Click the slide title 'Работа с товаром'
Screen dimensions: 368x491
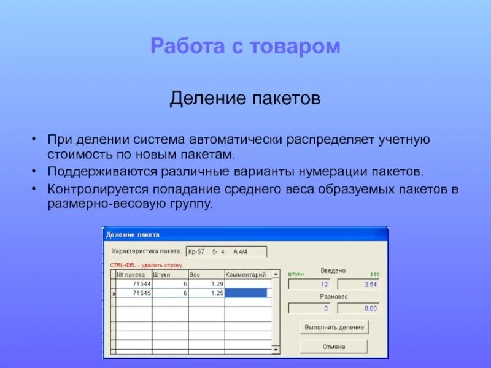click(x=245, y=47)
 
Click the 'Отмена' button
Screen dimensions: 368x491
click(x=334, y=347)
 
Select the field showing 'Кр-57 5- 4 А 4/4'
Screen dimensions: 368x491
click(x=226, y=251)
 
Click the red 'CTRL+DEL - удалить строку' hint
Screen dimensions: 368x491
click(x=146, y=265)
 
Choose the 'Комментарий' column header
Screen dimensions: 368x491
click(x=245, y=275)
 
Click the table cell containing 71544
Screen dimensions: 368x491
click(x=133, y=284)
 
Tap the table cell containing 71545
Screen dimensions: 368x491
click(x=133, y=293)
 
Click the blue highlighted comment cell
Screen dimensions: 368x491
click(x=246, y=293)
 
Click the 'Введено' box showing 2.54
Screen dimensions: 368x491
click(x=358, y=285)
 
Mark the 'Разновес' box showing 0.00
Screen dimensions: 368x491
click(x=358, y=309)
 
